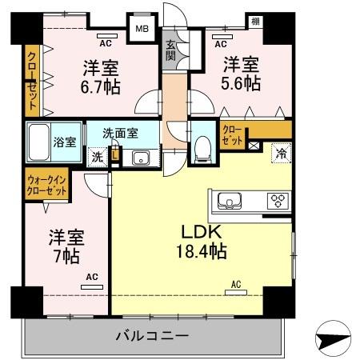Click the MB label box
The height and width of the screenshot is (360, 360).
click(141, 30)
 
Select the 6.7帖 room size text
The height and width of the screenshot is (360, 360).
click(102, 86)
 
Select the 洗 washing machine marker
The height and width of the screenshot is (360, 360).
click(96, 157)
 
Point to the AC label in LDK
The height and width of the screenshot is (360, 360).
click(237, 284)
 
